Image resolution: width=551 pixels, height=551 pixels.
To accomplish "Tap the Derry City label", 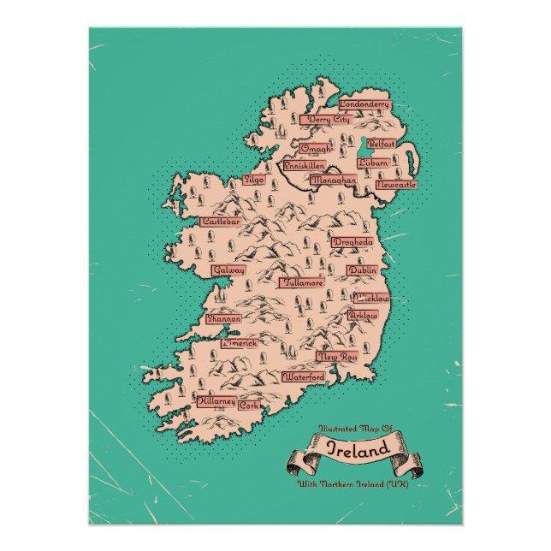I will point(329,120).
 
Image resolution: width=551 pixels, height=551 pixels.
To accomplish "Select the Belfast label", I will point(382,145).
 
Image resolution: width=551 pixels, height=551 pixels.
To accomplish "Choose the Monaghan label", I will point(333,181).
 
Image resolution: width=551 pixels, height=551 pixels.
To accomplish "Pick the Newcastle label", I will point(395,184).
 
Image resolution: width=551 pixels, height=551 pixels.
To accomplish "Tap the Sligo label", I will point(254,181).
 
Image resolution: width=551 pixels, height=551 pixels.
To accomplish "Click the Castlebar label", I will point(220,222).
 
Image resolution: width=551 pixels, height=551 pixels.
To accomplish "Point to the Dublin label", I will point(362,270).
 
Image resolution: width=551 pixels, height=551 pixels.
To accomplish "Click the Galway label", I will point(228,270).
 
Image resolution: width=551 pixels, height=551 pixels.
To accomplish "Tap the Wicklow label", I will point(371,299).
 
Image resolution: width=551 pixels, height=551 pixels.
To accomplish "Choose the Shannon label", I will point(222,318).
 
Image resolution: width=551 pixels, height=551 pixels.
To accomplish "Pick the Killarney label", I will point(216,400).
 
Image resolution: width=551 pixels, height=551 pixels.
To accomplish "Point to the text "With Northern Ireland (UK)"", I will point(353,485).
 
